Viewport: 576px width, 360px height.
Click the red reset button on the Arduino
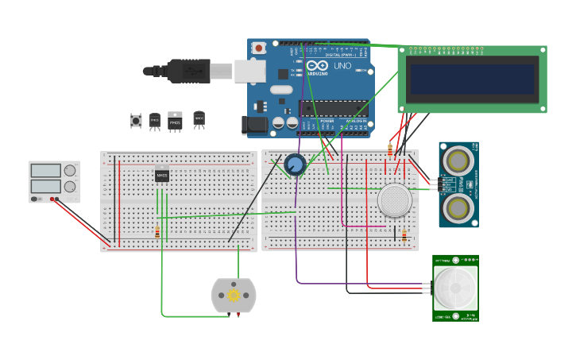click(258, 48)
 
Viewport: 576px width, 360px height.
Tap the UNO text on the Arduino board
click(342, 66)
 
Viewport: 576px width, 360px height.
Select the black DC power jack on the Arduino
click(254, 124)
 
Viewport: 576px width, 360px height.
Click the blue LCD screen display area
click(471, 79)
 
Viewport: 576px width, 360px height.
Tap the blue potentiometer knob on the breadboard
click(295, 165)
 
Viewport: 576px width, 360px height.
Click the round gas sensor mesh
click(395, 199)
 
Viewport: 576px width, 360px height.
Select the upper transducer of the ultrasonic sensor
click(458, 160)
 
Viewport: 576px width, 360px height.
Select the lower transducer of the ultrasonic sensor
click(458, 209)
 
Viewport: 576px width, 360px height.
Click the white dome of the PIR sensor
click(454, 288)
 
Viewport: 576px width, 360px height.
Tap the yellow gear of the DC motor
click(234, 296)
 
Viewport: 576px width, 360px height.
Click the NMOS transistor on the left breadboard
click(162, 176)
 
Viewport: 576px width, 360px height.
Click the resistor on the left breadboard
click(157, 232)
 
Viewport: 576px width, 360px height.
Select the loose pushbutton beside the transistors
click(136, 121)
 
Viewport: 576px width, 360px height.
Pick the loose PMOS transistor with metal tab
click(175, 122)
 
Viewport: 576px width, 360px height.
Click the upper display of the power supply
click(45, 170)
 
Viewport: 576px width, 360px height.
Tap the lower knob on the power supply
click(70, 187)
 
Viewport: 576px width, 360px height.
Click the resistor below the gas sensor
click(404, 235)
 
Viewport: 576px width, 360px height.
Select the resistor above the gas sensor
click(389, 150)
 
